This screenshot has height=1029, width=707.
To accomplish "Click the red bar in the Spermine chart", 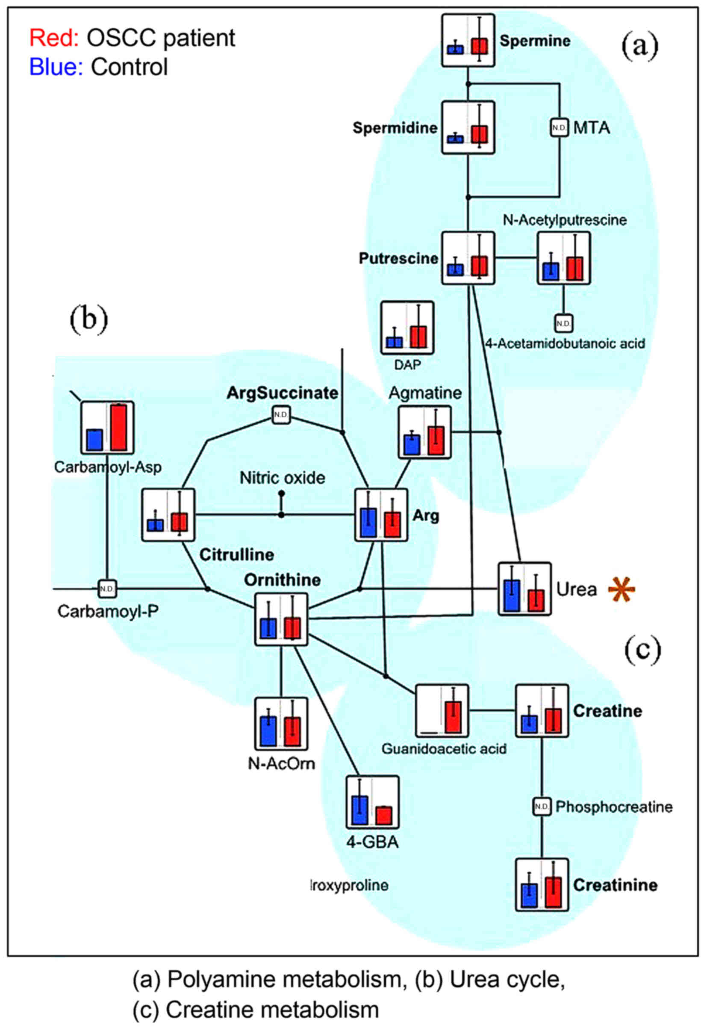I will coord(479,46).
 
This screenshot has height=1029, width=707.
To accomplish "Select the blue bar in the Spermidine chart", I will coord(455,139).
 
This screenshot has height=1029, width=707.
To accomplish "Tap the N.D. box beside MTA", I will coord(559,128).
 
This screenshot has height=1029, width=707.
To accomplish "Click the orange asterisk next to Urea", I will coord(621,589).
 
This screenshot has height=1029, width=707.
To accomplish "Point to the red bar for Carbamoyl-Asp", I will coord(118,427).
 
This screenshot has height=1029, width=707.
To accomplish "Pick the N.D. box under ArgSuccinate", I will coord(281,415).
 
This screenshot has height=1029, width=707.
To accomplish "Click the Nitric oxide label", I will coord(282,478).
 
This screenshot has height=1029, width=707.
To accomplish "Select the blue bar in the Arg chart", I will coord(368,523).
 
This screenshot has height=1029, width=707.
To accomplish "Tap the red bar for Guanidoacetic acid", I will coord(453,716).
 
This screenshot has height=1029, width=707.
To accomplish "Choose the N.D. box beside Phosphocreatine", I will coord(541,807).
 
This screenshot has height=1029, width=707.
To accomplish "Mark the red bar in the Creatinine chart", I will coord(553,892).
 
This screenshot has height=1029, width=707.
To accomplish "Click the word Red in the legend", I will coord(53,38).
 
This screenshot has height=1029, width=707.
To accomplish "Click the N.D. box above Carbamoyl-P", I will coord(107,588).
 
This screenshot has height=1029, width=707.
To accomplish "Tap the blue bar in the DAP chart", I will coord(394,342).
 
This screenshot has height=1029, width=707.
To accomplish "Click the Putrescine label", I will coord(398,258).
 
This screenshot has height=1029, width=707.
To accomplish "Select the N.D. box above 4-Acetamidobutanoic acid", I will coord(563,323).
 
